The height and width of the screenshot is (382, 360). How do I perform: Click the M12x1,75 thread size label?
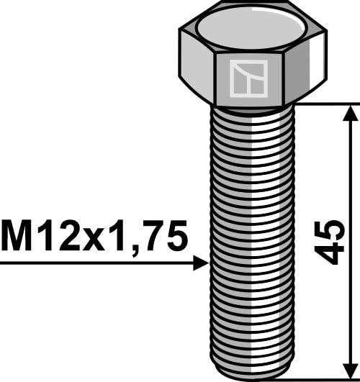tap(94, 236)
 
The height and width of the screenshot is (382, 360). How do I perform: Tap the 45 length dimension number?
tap(329, 242)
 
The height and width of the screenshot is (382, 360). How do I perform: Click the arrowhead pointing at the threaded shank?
tap(201, 263)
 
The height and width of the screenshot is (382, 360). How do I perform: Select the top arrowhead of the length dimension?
tap(351, 114)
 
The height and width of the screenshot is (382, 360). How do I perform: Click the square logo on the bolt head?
tap(248, 78)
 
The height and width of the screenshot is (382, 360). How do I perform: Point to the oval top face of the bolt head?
tap(251, 27)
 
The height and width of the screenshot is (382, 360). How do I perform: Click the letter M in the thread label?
tap(17, 235)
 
